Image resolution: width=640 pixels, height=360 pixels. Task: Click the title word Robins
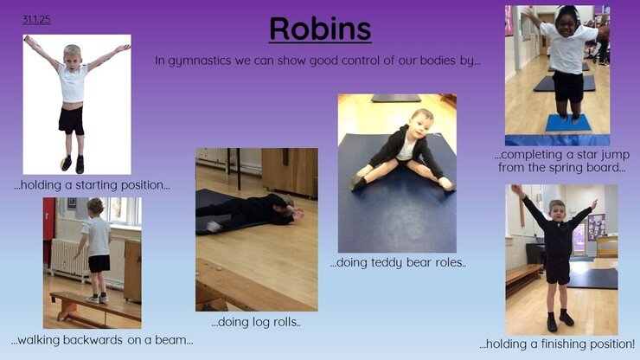(x=320, y=29)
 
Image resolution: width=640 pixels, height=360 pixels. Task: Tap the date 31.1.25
(x=36, y=20)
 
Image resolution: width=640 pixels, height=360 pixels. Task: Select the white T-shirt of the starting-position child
(x=73, y=83)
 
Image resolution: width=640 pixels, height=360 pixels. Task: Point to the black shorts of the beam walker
(x=99, y=264)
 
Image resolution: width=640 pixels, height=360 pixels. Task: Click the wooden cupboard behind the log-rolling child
(x=290, y=171)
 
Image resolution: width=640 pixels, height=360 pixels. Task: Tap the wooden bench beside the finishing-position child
(x=523, y=277)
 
